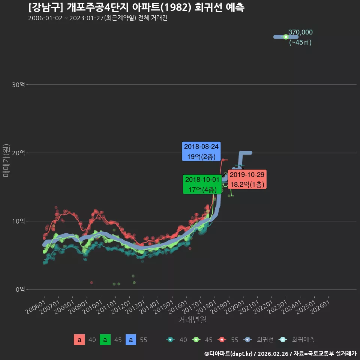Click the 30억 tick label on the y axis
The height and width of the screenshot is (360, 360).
click(18, 85)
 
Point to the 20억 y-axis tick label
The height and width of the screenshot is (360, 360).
click(18, 153)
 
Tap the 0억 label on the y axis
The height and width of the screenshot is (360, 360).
click(20, 289)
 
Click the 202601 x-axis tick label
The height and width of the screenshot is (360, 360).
click(320, 307)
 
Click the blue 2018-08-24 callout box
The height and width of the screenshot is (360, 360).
click(201, 151)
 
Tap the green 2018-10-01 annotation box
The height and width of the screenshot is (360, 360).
click(202, 184)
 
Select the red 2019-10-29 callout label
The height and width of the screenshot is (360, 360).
click(247, 179)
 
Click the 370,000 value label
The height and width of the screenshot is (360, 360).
click(300, 32)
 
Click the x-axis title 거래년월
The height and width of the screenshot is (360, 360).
click(192, 319)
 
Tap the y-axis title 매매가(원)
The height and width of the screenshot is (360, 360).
click(6, 160)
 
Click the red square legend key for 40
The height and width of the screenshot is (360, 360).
click(79, 340)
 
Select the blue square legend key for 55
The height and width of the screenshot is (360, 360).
click(131, 340)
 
